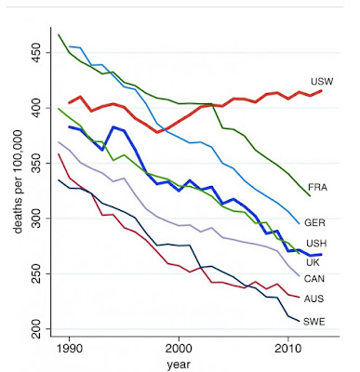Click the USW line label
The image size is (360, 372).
point(322,82)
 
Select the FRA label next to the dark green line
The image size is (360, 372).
point(317,188)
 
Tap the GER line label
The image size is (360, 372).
point(314,222)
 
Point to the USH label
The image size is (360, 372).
point(316,244)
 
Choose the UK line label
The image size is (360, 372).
point(313,262)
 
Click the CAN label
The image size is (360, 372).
point(314,279)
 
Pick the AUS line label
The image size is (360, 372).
point(313,299)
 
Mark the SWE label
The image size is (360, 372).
point(314,322)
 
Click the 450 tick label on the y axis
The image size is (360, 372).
point(37,53)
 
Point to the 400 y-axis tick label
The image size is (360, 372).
point(37,108)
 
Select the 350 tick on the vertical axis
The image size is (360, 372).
point(37,163)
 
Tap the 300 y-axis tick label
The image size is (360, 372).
point(37,219)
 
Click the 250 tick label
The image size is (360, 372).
point(37,273)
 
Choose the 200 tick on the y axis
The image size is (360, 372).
point(37,329)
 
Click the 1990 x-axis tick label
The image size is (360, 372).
point(69,349)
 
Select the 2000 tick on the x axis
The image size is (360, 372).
point(179,349)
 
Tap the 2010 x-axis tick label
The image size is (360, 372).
point(288,349)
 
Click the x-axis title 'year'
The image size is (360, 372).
point(179,365)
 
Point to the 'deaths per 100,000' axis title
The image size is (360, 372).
point(19,181)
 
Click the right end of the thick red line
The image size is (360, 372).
point(321,90)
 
